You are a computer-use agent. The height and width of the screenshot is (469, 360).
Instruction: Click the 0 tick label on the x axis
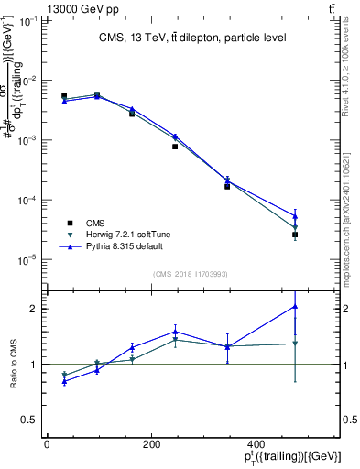47,444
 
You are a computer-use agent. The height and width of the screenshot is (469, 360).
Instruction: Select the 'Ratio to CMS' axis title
13,364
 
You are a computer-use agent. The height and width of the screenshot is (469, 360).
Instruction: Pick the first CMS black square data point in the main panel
64,95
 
